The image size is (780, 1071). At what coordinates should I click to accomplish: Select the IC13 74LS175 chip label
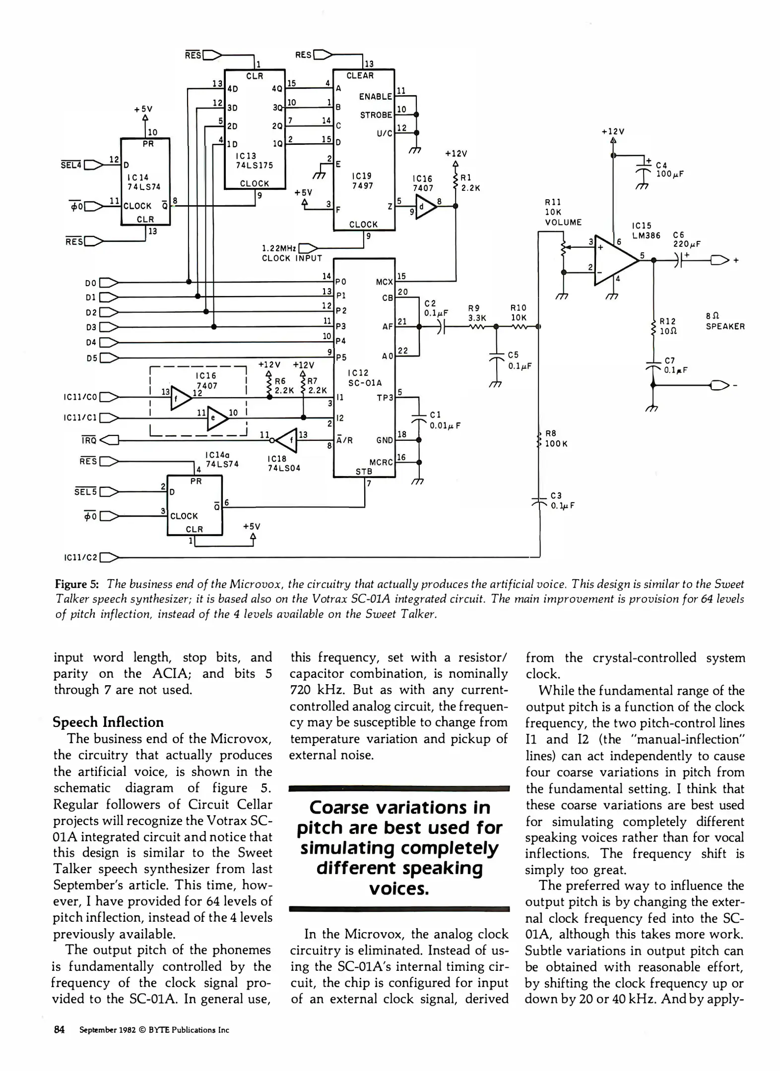click(x=254, y=160)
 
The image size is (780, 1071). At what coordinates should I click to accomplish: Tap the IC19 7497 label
click(x=362, y=180)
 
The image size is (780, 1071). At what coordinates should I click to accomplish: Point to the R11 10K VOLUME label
click(x=563, y=212)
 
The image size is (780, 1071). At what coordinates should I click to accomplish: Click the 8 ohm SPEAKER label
click(x=724, y=321)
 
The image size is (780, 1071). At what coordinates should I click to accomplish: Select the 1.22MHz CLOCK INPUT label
click(x=292, y=253)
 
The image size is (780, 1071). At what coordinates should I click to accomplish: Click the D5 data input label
click(x=91, y=357)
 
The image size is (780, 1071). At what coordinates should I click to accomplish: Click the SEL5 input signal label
click(x=85, y=492)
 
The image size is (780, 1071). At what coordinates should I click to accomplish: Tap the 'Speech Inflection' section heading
click(x=108, y=722)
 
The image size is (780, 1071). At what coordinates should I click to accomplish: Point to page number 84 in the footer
click(x=59, y=1029)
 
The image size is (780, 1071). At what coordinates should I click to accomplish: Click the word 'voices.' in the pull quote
click(x=398, y=889)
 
